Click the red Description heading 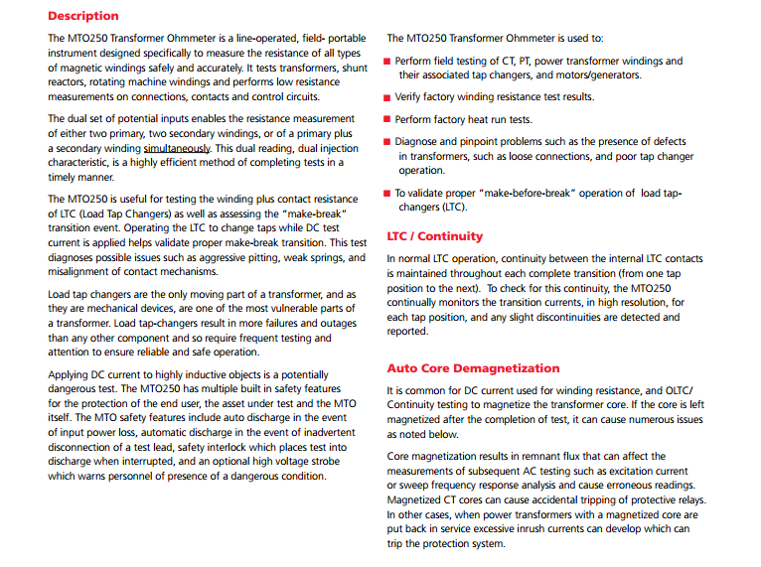(x=82, y=16)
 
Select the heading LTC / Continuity (x=434, y=236)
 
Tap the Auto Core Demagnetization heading (x=473, y=368)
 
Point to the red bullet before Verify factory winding (x=387, y=97)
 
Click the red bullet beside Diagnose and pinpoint (x=387, y=142)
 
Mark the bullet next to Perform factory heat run (x=387, y=120)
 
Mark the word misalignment (x=82, y=272)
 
